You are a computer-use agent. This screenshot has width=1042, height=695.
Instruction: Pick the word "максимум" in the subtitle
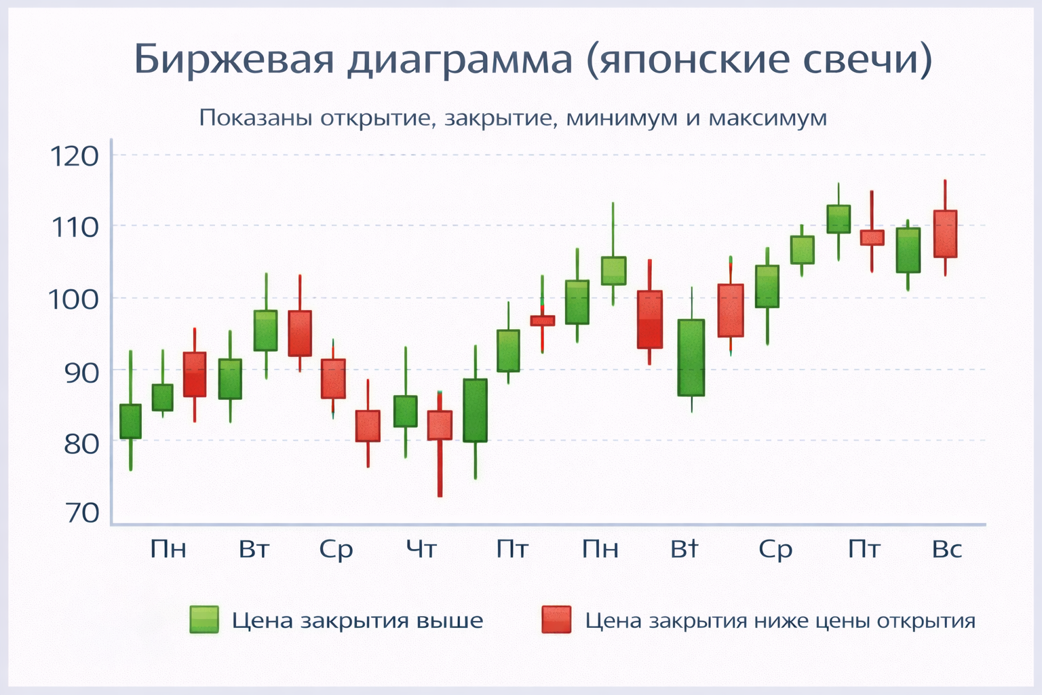[767, 118]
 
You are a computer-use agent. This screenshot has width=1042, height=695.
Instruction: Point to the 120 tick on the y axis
[75, 157]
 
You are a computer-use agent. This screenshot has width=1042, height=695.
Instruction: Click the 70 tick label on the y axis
[81, 513]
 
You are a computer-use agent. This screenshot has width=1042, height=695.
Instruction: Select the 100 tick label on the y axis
[75, 299]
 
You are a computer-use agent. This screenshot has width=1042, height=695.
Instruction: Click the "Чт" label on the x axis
[421, 548]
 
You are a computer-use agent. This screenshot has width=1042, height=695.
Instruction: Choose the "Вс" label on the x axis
[947, 548]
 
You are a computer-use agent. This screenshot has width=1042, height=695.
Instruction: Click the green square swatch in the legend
[204, 620]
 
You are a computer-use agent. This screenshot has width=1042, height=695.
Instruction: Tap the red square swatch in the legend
[556, 620]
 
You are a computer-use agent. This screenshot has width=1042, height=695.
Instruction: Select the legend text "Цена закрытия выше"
[358, 621]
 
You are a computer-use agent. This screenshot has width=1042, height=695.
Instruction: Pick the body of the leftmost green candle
[130, 421]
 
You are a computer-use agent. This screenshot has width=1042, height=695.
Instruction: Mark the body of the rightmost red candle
[945, 234]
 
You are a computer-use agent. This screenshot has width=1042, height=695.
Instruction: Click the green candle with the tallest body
[691, 358]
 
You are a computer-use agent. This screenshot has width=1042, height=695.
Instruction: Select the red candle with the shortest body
[543, 320]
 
